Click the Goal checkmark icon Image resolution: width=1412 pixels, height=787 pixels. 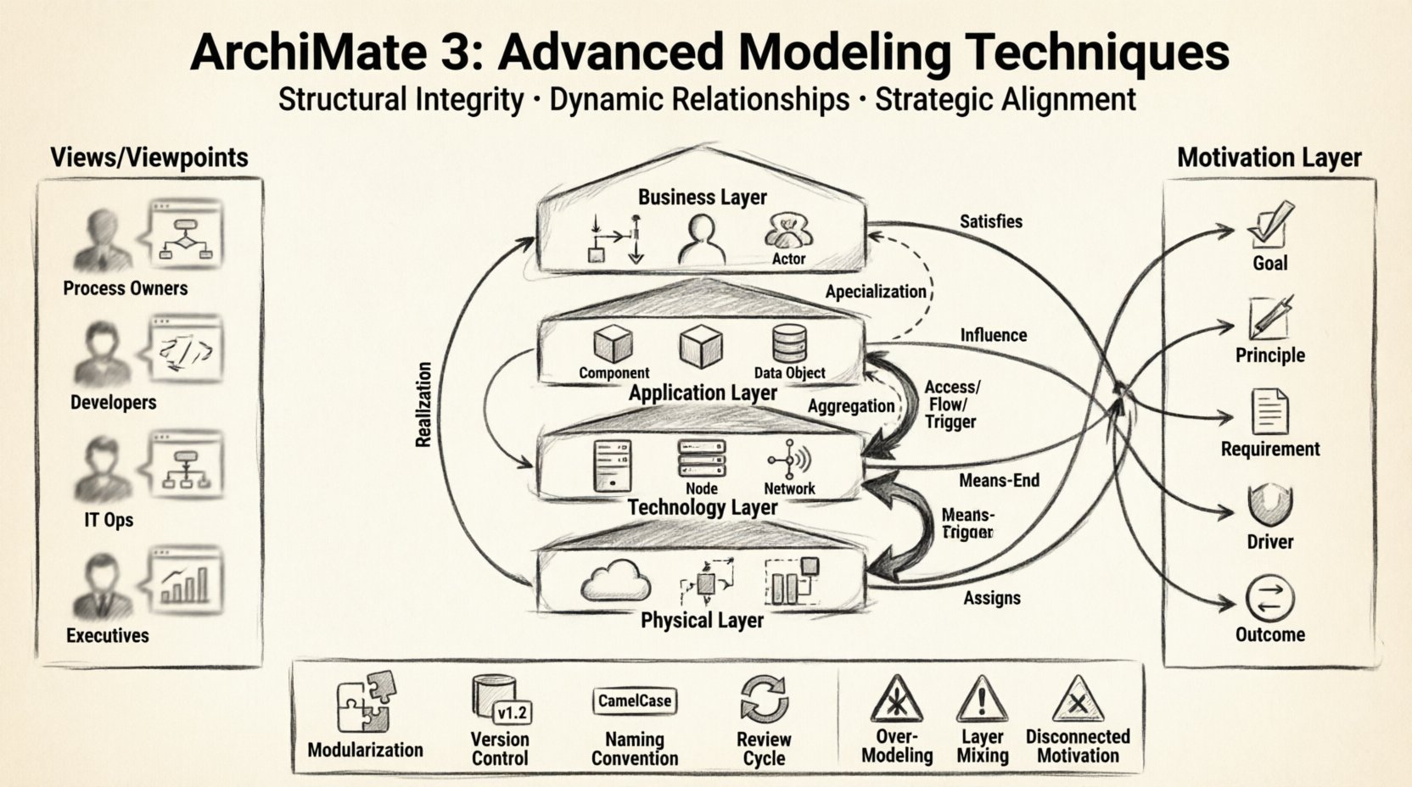1269,223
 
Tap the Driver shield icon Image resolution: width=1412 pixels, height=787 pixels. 1269,506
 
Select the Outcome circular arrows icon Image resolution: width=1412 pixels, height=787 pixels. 1269,599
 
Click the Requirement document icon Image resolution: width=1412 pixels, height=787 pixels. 1269,412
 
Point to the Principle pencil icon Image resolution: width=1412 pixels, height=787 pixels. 1269,318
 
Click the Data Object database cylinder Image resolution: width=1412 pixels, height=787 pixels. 789,344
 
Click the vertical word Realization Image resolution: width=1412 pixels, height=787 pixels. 424,405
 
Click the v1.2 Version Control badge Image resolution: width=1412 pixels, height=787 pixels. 512,712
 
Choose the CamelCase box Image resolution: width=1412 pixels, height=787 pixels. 635,701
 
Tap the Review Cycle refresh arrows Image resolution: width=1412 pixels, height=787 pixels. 764,699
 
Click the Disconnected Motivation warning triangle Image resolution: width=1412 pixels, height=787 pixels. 1077,701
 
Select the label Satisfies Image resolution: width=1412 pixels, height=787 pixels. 991,221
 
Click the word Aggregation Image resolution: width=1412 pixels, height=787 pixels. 850,406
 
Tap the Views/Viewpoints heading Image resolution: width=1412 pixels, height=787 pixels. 149,158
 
